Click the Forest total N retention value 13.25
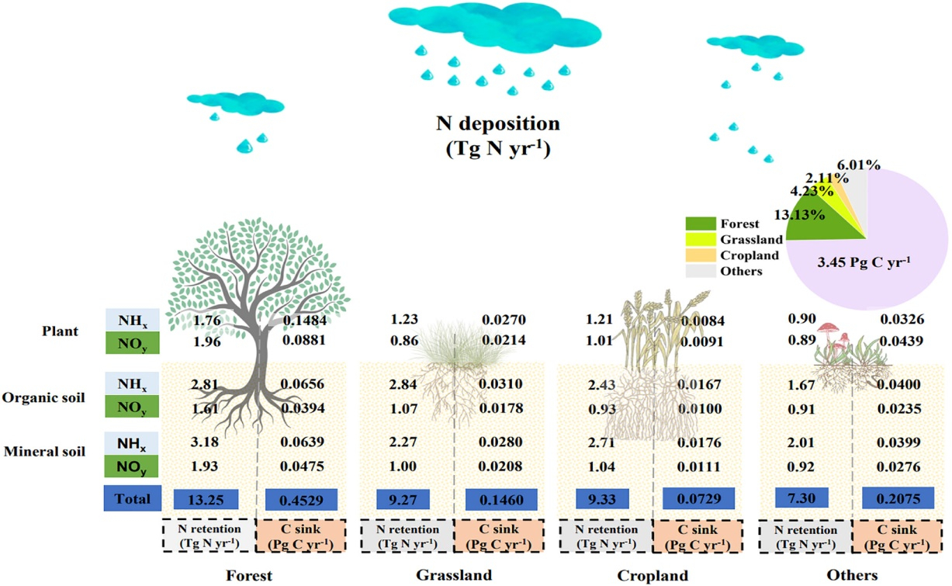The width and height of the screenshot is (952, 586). [x=206, y=499]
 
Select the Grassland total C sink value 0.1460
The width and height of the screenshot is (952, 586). [x=501, y=500]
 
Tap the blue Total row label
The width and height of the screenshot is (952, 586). [x=132, y=498]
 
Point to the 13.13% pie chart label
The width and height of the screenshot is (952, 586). [x=799, y=215]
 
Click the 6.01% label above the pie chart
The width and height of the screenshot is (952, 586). [x=858, y=165]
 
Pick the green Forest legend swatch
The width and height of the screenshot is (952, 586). [x=701, y=224]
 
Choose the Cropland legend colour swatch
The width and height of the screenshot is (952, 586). [x=701, y=255]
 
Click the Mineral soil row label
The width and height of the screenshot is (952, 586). [x=45, y=451]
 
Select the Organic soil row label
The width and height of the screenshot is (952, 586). [x=43, y=397]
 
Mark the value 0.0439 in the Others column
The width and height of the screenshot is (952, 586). [x=901, y=341]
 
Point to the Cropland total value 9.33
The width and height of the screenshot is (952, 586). [x=602, y=499]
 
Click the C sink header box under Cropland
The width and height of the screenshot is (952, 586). [x=698, y=536]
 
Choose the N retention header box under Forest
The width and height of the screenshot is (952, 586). [x=209, y=536]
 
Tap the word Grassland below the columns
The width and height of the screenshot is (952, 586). [x=454, y=575]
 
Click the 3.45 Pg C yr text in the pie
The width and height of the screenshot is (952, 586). [x=864, y=262]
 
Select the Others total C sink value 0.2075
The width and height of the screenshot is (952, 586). [x=898, y=498]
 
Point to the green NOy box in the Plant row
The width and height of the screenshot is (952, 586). [x=132, y=343]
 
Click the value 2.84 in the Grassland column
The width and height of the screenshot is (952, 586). [x=403, y=384]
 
